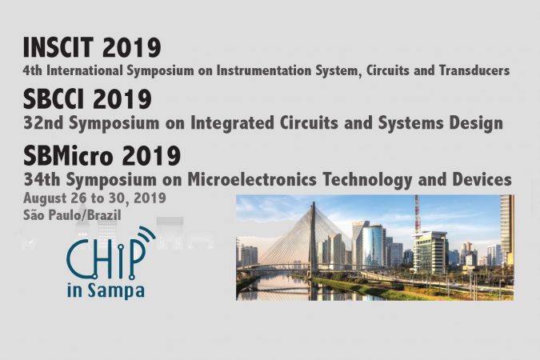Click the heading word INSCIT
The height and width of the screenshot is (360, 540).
click(58, 47)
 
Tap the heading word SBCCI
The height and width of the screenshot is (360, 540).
click(54, 99)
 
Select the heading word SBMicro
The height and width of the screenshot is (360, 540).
click(68, 156)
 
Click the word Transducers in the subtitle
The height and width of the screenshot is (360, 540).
click(474, 70)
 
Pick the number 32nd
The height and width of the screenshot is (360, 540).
click(43, 123)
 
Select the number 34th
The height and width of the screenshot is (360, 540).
click(42, 179)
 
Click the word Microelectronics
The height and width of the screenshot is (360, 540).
click(252, 179)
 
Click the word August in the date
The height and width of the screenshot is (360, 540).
click(46, 198)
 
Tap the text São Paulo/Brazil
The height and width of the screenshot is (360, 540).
click(72, 215)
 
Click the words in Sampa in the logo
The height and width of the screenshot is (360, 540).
click(106, 290)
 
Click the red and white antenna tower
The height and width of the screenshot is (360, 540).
click(417, 214)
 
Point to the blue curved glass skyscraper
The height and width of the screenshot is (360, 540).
click(374, 246)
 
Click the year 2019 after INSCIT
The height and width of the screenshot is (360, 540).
click(131, 47)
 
